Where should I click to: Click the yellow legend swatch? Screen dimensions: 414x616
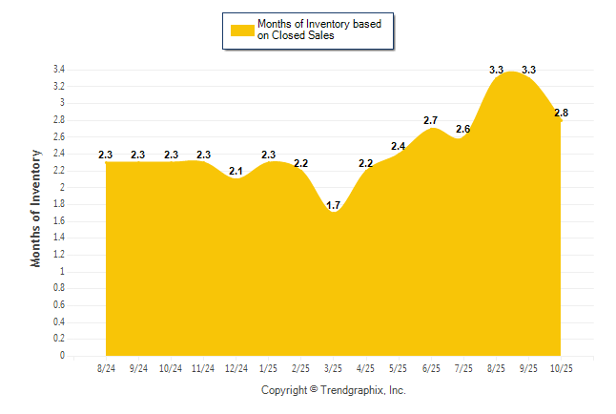pyautogui.click(x=242, y=30)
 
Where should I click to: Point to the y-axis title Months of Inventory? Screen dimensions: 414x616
pyautogui.click(x=37, y=207)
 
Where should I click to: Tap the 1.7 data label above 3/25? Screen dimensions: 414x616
pyautogui.click(x=334, y=205)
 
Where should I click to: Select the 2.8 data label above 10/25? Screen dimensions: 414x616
pyautogui.click(x=561, y=114)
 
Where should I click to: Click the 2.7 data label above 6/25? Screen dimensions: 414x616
pyautogui.click(x=431, y=120)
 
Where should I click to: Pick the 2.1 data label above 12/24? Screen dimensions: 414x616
pyautogui.click(x=236, y=171)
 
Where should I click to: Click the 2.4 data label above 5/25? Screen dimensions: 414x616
pyautogui.click(x=399, y=146)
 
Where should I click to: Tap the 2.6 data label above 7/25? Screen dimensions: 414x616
pyautogui.click(x=463, y=129)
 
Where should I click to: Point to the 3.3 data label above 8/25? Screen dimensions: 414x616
pyautogui.click(x=497, y=70)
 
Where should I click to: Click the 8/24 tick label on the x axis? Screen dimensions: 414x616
pyautogui.click(x=107, y=367)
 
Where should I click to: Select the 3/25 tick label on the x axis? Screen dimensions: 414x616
pyautogui.click(x=334, y=367)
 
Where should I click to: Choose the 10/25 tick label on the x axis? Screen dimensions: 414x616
pyautogui.click(x=561, y=367)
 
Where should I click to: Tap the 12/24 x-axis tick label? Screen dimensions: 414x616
pyautogui.click(x=236, y=367)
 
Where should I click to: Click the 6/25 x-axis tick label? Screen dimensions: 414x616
pyautogui.click(x=431, y=367)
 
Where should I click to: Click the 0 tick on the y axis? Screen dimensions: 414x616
pyautogui.click(x=62, y=356)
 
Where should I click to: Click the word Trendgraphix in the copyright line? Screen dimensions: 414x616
pyautogui.click(x=349, y=390)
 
